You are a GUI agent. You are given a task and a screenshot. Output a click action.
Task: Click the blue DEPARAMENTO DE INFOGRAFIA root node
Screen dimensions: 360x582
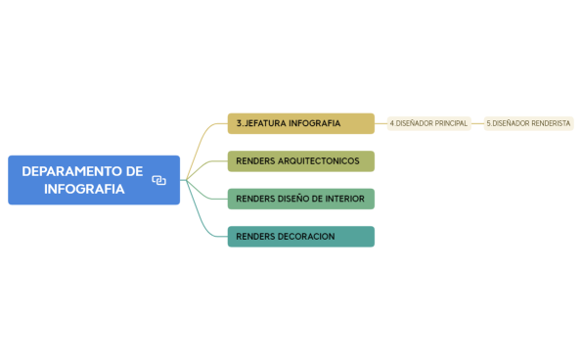click(x=93, y=180)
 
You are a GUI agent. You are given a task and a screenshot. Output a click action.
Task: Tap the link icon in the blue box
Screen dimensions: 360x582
click(x=158, y=180)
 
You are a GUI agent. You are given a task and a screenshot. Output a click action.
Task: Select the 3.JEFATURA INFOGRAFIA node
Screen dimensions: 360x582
click(x=300, y=123)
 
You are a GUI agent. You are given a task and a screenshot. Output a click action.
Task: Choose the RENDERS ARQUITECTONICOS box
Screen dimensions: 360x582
click(x=300, y=161)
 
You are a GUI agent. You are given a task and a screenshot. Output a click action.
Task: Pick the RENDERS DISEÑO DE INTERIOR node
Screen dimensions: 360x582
click(x=300, y=199)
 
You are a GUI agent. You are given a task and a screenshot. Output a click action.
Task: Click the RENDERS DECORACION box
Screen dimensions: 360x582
click(x=300, y=237)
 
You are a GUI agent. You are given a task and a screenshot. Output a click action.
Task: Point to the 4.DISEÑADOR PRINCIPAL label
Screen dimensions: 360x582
click(x=428, y=123)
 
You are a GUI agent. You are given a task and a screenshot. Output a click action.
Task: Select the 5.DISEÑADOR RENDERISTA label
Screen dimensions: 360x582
click(x=528, y=123)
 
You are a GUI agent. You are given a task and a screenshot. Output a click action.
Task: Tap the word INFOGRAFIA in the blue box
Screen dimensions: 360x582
click(x=84, y=189)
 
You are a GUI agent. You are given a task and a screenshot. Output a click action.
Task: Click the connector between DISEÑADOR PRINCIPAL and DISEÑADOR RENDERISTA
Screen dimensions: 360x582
click(x=477, y=123)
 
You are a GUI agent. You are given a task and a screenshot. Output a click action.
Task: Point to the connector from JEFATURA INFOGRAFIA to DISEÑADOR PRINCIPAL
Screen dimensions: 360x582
click(x=381, y=123)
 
